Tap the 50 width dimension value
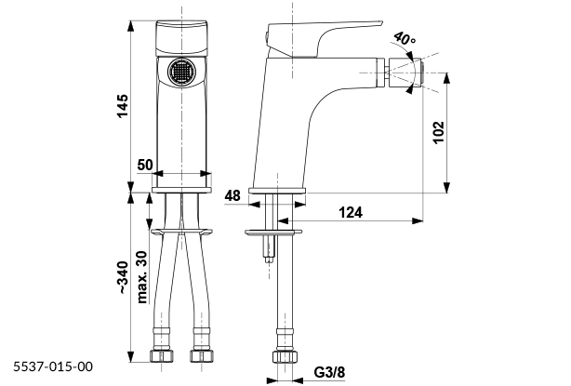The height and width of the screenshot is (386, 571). [144, 164]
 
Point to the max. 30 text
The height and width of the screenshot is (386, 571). [142, 275]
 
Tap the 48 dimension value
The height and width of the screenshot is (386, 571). [232, 195]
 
